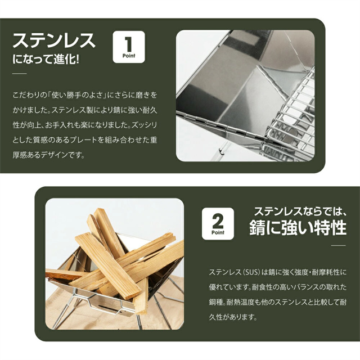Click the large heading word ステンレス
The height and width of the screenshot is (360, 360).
tap(54, 40)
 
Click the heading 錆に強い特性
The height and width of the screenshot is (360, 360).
tap(298, 227)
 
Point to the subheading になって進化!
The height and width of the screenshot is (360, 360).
tap(46, 60)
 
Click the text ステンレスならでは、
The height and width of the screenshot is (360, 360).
tap(300, 211)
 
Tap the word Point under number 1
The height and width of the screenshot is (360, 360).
tap(129, 56)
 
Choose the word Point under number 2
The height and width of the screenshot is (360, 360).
tap(218, 232)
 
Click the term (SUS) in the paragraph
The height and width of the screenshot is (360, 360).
tap(250, 272)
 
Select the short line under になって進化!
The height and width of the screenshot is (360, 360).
tap(20, 74)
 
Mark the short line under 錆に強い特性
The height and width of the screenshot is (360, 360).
tap(339, 245)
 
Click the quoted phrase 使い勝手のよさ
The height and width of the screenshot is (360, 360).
tap(78, 95)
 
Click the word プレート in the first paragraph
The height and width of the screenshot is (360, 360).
tap(83, 140)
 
